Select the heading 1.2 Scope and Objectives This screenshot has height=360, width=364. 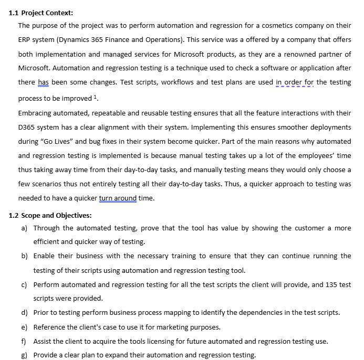pos(50,215)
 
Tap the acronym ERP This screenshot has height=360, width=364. pos(25,39)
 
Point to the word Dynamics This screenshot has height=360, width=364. pos(76,39)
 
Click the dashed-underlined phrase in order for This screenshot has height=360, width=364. pos(295,82)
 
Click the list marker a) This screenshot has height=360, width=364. pos(24,228)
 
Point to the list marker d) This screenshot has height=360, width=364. pos(24,313)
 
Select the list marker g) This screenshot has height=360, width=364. pos(24,355)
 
